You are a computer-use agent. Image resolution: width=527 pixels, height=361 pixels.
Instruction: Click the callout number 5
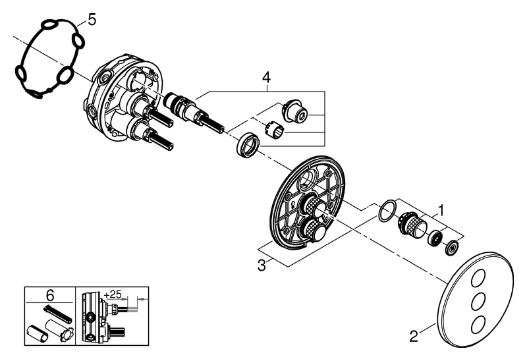click(92, 19)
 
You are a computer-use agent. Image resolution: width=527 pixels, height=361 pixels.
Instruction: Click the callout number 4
click(266, 78)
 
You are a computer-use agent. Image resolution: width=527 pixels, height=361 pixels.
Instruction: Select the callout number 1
click(441, 211)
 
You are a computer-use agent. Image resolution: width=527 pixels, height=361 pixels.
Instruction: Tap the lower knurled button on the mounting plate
click(312, 231)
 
